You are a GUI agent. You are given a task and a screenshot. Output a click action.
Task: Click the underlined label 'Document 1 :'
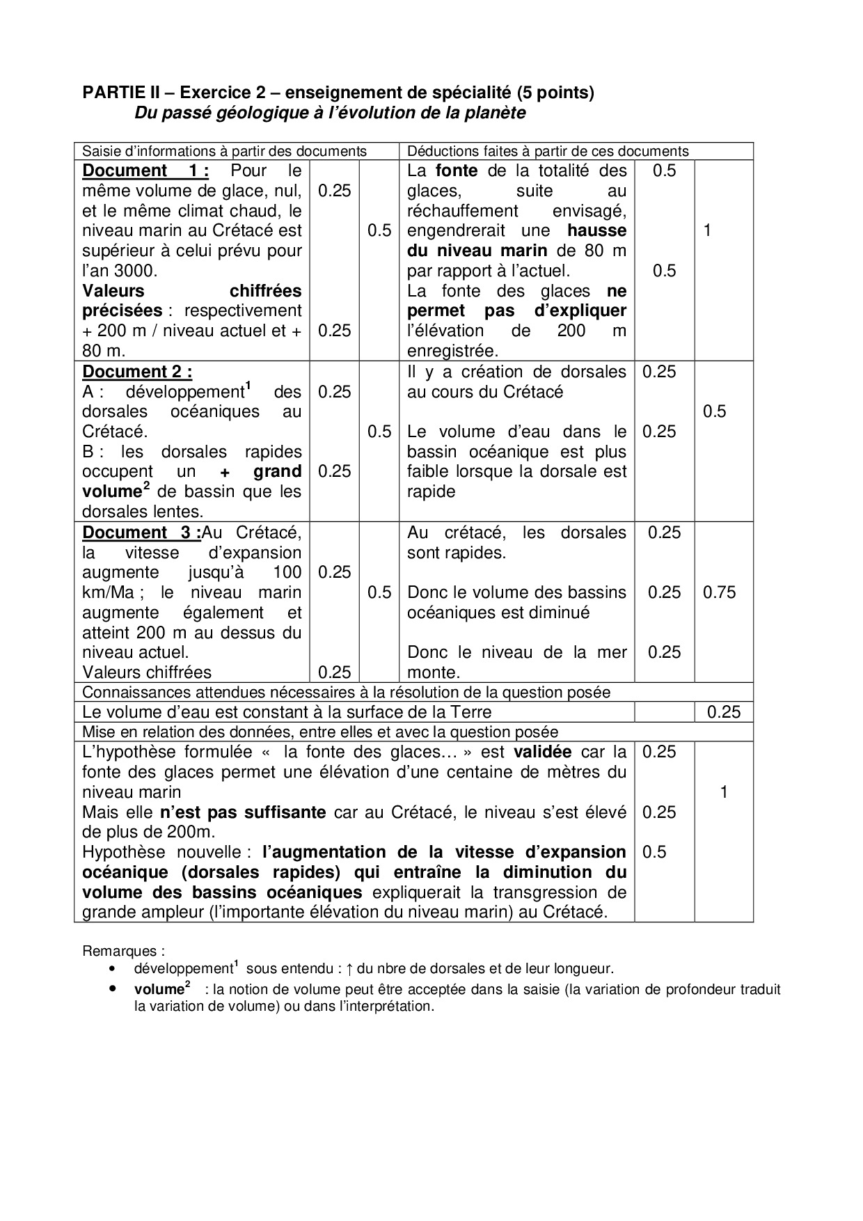[x=145, y=171]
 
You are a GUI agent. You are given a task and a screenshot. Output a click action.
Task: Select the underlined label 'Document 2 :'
[x=137, y=372]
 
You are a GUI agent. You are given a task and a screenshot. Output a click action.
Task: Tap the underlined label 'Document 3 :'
[x=142, y=533]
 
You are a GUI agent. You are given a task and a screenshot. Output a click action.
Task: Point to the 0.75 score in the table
[x=719, y=592]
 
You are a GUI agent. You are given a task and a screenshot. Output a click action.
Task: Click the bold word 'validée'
[x=543, y=752]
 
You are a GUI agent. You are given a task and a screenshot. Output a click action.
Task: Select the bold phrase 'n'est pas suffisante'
[x=242, y=812]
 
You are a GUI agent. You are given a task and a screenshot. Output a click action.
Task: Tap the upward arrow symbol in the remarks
[x=350, y=968]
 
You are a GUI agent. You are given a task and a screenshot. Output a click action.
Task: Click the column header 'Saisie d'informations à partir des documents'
[x=224, y=151]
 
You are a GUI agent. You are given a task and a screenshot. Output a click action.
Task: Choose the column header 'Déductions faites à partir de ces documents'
[x=548, y=151]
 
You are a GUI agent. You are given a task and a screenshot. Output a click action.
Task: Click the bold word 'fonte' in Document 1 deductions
[x=457, y=171]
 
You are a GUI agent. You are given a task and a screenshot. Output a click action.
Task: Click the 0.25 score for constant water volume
[x=724, y=712]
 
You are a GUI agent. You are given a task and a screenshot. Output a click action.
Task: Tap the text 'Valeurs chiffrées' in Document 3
[x=147, y=672]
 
